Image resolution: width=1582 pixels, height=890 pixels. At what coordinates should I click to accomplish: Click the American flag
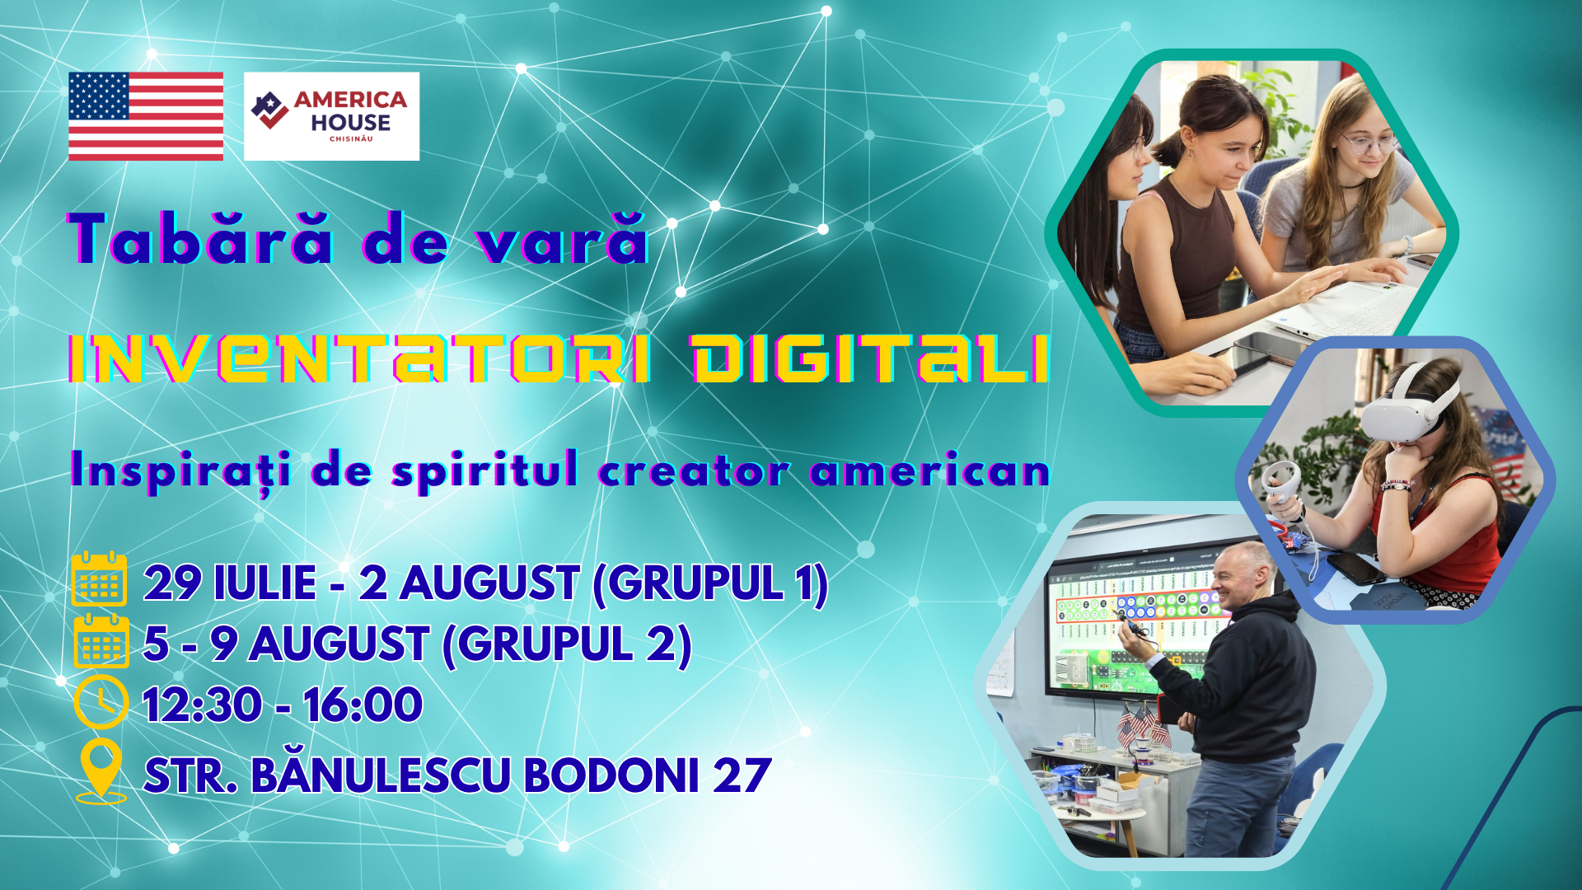146,116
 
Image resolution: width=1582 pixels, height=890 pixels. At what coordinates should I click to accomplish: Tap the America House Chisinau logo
331,116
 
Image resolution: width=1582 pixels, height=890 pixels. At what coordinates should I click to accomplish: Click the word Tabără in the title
201,239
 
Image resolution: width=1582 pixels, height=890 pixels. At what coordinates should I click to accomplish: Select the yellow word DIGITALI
870,359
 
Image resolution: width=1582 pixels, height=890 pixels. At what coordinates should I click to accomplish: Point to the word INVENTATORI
359,359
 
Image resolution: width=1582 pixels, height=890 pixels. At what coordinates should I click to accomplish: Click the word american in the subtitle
930,471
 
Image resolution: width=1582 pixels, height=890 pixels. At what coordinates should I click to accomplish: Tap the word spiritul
484,471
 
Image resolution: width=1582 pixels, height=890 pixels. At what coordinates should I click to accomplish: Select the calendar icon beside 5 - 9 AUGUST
101,641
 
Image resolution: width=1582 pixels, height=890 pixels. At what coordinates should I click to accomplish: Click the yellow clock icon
101,702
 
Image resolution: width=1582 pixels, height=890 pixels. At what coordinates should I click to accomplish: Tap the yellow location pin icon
101,771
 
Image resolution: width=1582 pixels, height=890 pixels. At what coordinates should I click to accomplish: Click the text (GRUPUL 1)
710,583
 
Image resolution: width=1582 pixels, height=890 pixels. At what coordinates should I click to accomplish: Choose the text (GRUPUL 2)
567,644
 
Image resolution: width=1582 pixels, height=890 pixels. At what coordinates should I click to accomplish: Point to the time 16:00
363,705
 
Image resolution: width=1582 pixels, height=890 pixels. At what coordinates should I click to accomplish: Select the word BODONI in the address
611,775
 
